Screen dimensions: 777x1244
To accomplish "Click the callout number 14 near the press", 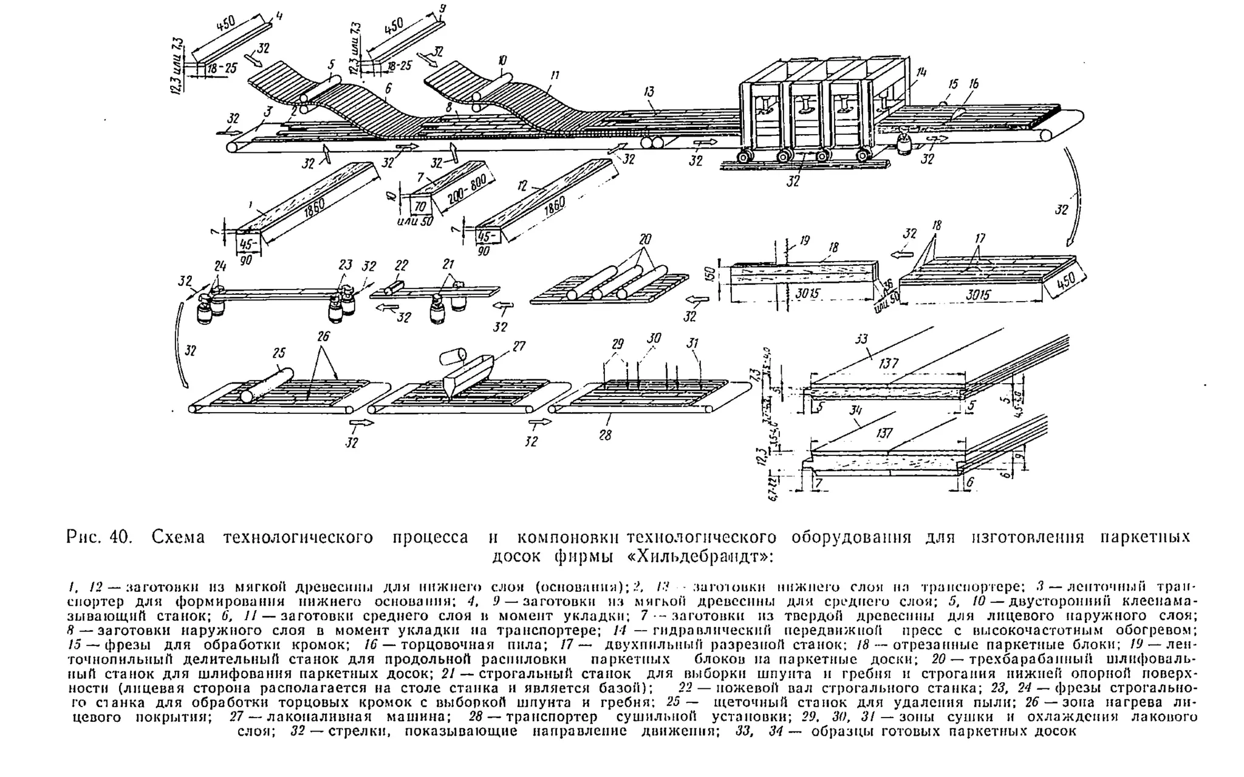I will [921, 72].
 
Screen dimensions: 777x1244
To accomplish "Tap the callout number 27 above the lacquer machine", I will [518, 346].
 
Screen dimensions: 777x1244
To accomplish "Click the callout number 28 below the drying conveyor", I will [605, 435].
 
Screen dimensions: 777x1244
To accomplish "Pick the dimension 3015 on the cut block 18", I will [808, 293].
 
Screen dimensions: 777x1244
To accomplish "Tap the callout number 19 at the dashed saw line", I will [804, 241].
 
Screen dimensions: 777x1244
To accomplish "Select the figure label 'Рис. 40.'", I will [98, 538].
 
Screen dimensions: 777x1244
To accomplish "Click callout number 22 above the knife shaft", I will [401, 265].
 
